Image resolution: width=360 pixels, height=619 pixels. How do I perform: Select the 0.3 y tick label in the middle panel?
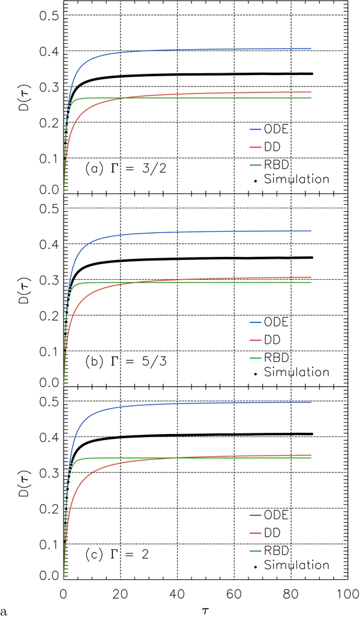pyautogui.click(x=45, y=280)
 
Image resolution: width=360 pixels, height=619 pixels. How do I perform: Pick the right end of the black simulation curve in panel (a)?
pyautogui.click(x=312, y=74)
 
